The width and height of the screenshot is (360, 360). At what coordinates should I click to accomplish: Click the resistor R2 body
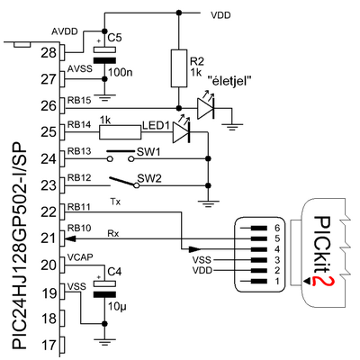[179, 68]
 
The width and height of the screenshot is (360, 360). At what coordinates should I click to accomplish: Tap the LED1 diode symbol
[181, 132]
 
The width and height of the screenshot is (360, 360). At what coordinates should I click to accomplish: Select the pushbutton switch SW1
[120, 156]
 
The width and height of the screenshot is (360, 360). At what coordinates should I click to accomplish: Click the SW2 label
[149, 178]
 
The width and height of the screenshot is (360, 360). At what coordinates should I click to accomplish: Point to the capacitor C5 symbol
[104, 56]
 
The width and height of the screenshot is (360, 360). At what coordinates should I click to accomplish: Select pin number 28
[49, 53]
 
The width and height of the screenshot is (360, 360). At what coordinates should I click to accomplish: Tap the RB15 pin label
[79, 100]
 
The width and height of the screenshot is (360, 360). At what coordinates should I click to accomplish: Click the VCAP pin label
[80, 257]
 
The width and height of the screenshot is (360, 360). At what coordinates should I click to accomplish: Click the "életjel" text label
[229, 81]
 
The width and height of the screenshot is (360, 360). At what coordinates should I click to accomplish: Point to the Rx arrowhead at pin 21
[70, 238]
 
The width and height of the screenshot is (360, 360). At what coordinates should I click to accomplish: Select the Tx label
[115, 202]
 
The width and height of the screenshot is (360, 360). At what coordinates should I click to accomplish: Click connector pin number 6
[276, 228]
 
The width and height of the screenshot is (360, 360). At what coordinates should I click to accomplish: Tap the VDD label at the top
[220, 15]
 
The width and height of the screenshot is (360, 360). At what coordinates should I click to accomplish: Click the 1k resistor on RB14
[120, 132]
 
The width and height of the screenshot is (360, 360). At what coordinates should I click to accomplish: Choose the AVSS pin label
[80, 69]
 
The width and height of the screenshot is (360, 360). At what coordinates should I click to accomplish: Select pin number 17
[49, 346]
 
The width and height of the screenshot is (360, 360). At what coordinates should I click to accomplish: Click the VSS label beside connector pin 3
[202, 260]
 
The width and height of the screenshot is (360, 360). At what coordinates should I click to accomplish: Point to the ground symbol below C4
[104, 342]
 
